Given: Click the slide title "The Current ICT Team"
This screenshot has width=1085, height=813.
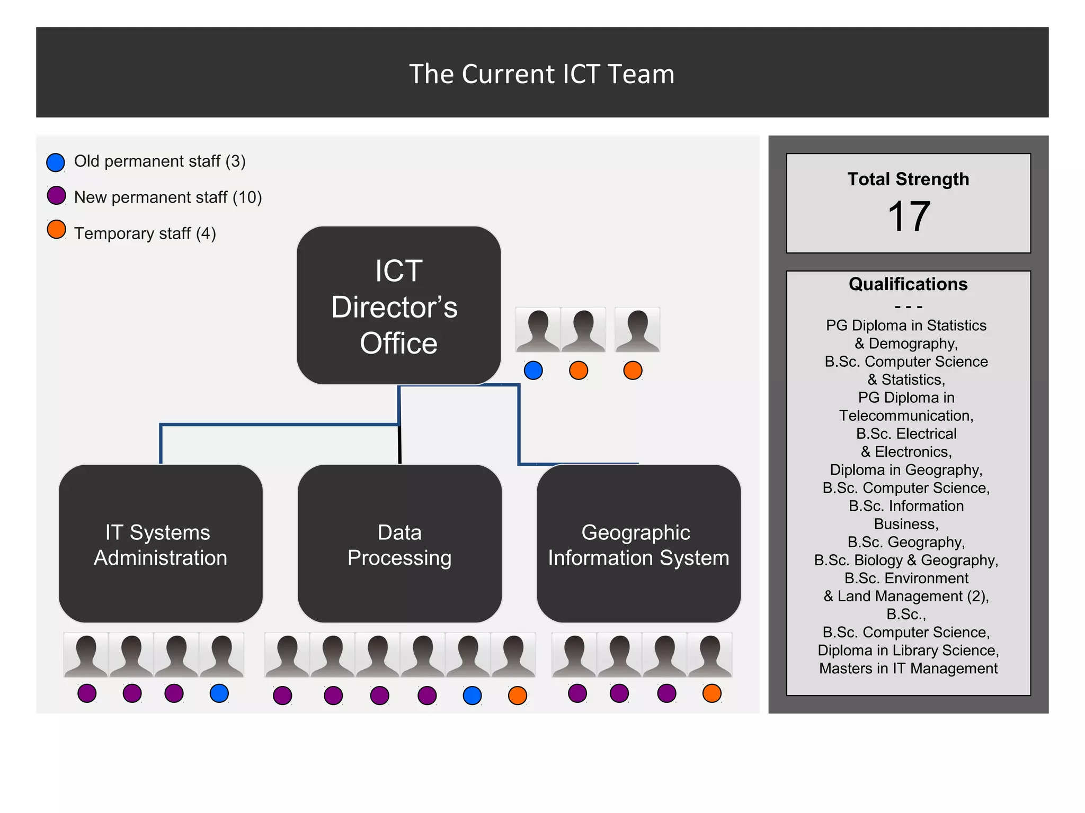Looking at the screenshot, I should (541, 74).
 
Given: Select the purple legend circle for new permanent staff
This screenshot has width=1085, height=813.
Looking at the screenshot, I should (56, 195).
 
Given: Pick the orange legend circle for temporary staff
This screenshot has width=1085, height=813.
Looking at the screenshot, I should (56, 230).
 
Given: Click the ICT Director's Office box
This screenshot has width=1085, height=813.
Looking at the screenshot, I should (398, 306).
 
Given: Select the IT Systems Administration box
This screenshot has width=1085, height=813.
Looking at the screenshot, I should (161, 544).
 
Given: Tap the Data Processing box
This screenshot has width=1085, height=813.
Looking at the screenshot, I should (399, 544).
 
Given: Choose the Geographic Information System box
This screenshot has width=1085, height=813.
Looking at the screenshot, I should (638, 544).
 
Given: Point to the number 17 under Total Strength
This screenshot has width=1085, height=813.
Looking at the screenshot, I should (908, 216).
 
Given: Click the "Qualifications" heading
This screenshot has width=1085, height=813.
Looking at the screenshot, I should (908, 284).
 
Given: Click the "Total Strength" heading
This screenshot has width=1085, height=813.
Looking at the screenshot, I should (908, 179).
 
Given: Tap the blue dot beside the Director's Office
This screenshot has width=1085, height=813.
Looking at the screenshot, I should (533, 371).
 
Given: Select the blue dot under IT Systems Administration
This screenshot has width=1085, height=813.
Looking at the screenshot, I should (219, 693).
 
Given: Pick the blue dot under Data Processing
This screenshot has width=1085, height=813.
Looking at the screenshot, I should (472, 695).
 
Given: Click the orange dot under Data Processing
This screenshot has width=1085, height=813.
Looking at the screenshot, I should (517, 695).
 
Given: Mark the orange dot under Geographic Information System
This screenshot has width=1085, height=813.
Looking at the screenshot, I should (712, 693).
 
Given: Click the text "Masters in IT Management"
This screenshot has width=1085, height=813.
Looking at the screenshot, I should (908, 669).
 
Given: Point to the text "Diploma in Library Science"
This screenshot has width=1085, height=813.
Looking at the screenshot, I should (908, 651).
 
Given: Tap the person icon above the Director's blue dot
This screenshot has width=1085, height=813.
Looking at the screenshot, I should (538, 330).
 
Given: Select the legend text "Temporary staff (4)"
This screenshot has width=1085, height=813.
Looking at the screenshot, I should (145, 233).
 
